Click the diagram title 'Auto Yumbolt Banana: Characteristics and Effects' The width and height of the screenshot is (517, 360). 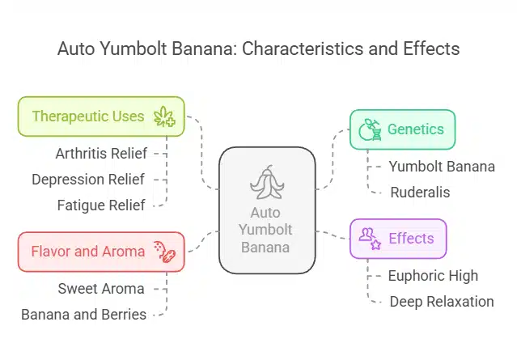pos(258,49)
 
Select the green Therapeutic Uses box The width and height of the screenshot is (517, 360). pos(101,116)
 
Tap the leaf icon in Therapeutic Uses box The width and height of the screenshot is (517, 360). pos(165,116)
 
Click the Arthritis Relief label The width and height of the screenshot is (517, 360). pos(100,152)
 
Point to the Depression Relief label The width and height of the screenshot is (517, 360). pos(88,179)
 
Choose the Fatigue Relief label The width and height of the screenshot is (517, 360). pos(101,205)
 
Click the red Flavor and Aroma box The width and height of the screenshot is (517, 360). pos(101,252)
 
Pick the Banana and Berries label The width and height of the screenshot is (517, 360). pos(84,315)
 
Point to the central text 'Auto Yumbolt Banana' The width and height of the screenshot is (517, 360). pos(267,231)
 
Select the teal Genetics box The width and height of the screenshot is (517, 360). pos(401,129)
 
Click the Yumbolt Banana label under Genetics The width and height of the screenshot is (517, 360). pos(441,167)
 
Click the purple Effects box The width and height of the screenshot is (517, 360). pos(397,239)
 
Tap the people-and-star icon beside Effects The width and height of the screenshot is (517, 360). pos(369,239)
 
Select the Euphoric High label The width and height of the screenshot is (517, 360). pos(433,275)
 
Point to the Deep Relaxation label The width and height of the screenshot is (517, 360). pos(441,302)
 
